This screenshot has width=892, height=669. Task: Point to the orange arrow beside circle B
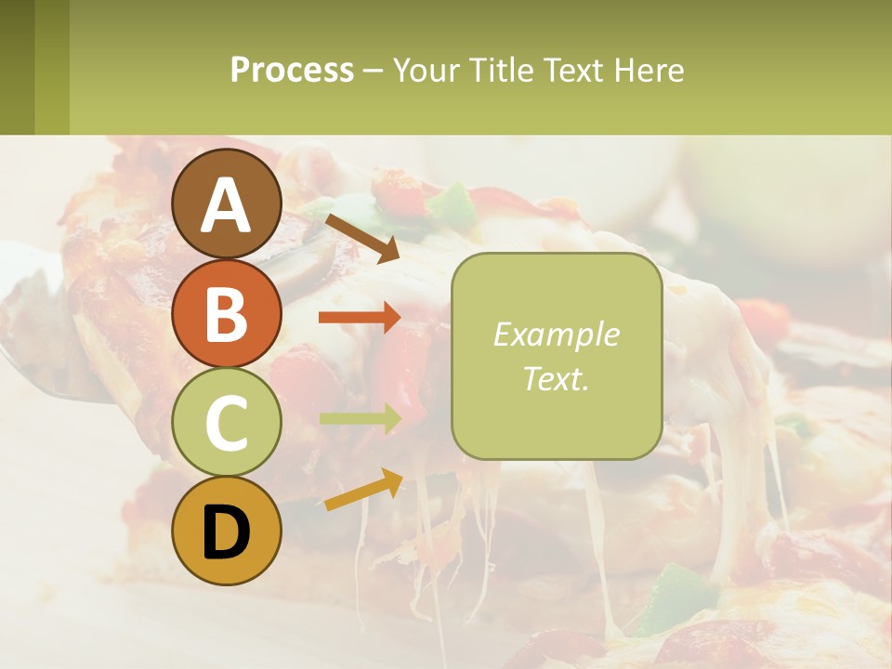[x=360, y=317]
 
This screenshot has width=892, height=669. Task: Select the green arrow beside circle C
[x=360, y=419]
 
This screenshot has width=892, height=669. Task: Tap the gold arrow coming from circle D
[x=363, y=490]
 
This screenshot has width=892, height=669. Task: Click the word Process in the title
[x=292, y=70]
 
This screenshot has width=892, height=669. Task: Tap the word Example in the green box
[x=556, y=334]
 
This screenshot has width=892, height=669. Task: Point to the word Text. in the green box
[x=556, y=378]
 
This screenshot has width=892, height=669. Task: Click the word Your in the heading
[x=427, y=70]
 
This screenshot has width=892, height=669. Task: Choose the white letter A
[x=227, y=205]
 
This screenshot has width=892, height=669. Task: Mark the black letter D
[x=227, y=533]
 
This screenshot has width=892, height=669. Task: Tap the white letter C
[x=227, y=423]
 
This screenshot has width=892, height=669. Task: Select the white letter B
[x=227, y=314]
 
